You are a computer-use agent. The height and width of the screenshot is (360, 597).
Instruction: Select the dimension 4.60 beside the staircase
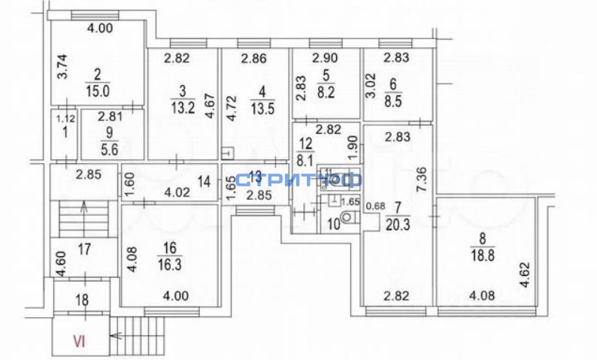(x=59, y=265)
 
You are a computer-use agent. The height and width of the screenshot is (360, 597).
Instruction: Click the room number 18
(x=83, y=300)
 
